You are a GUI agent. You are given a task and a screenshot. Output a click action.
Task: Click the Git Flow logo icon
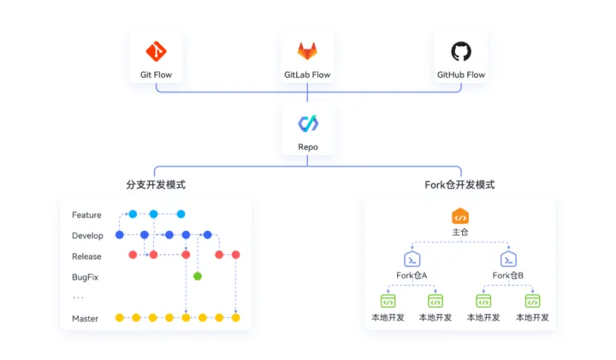pos(156,51)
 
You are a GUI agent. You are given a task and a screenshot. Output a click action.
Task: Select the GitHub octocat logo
pos(461,51)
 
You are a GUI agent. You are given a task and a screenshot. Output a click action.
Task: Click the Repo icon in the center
pos(308,124)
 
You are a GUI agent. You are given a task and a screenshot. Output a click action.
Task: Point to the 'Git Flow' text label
pos(156,74)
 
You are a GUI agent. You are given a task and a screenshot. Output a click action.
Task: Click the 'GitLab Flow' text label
pos(308,74)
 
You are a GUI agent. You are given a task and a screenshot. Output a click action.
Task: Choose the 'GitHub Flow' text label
pos(461,74)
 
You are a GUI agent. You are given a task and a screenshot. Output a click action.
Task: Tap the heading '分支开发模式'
pos(156,185)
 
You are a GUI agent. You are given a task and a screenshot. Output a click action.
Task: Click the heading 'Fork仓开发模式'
pos(459,185)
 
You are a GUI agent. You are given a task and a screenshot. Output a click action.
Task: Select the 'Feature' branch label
pos(86,215)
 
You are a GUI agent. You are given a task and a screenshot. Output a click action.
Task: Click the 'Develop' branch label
pos(87,235)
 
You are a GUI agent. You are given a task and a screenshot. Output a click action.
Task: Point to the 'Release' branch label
pos(86,256)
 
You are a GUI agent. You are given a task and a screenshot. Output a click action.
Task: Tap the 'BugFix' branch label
pos(86,276)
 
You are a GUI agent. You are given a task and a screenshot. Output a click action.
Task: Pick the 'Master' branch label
pos(85,318)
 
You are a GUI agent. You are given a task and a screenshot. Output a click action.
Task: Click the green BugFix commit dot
pos(198,275)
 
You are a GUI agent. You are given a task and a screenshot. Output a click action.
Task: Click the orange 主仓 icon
pos(460,215)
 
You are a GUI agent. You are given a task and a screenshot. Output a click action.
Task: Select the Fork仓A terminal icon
pos(412,258)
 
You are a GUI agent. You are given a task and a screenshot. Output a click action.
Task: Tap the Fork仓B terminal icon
pos(508,258)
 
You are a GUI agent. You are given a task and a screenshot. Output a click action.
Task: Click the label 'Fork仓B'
pos(508,275)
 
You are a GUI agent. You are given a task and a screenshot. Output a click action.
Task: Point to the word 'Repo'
pos(308,147)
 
